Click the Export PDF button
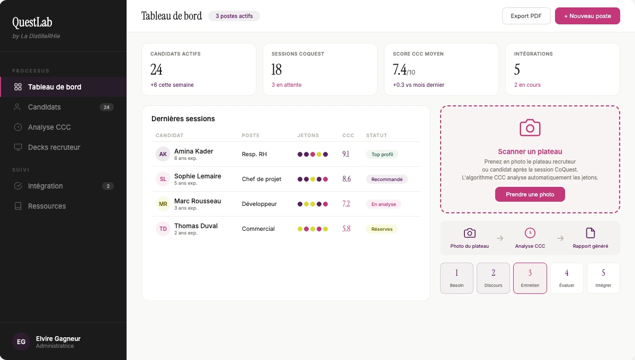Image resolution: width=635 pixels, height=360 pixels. point(526,16)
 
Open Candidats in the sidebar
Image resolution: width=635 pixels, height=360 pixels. point(44,107)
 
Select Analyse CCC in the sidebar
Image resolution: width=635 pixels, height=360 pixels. point(49,127)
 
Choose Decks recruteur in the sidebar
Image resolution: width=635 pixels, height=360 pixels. point(54,147)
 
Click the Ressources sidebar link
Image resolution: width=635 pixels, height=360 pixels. point(47,206)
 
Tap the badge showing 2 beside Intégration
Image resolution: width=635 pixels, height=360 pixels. point(108,186)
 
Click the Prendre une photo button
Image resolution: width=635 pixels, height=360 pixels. point(530,194)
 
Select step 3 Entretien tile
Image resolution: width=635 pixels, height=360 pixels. point(530,278)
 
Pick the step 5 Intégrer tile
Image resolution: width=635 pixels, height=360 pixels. point(603,278)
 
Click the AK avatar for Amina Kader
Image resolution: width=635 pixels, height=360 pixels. point(163,154)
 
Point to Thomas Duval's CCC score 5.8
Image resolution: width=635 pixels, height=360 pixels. point(346,229)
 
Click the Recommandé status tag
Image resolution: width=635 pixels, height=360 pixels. point(387,179)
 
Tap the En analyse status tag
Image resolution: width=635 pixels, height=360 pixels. point(383,204)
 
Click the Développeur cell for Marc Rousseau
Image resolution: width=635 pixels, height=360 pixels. point(259,204)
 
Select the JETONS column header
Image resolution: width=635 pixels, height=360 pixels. point(308,136)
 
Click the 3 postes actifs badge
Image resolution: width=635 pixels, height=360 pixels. point(234,16)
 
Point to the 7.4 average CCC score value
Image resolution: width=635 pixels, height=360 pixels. point(400,69)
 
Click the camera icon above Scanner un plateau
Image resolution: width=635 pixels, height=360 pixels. point(530,128)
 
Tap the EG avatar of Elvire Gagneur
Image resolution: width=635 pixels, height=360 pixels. point(21,342)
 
